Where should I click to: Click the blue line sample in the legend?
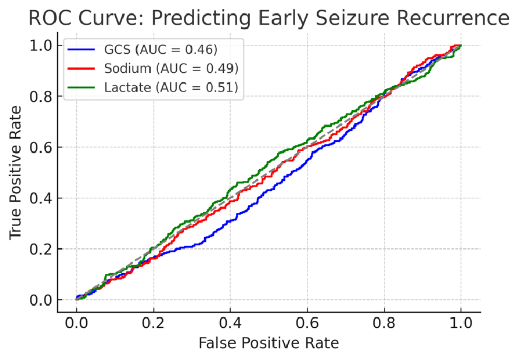82,50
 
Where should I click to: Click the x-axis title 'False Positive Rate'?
268,343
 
